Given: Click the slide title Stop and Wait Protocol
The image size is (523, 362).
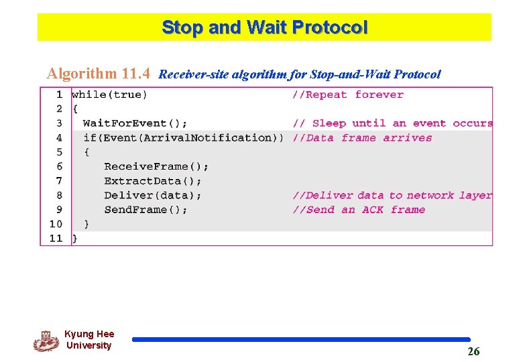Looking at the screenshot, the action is coord(264,27).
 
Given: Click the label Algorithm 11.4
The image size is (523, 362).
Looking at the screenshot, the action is coord(98,73).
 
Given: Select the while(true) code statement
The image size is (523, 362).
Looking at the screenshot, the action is coord(109,95).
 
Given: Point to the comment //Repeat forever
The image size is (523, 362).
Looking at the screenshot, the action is coord(347,95).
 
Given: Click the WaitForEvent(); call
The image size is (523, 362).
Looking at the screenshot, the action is coord(135,123).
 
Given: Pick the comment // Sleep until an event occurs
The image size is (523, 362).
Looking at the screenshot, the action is coord(392,123).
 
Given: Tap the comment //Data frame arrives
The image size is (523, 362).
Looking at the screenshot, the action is coord(362,137).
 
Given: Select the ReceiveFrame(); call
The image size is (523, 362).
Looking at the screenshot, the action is coord(156,166).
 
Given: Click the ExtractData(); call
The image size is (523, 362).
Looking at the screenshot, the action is coord(153,181).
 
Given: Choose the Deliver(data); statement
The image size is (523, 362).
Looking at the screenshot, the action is coord(153,195).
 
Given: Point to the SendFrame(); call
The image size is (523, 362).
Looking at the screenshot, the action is coord(146,210).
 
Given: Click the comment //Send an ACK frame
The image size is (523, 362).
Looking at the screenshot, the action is coord(359,210).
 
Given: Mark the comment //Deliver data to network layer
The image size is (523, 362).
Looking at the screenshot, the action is coord(392,195).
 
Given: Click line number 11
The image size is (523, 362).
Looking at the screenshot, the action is coord(56,238).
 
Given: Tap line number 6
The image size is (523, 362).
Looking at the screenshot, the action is coord(59,166).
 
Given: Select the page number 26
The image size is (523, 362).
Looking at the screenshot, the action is coord(473,351).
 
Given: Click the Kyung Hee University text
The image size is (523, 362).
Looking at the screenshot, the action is coord(89,340).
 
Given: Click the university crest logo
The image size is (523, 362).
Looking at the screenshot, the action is coord(46,341).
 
